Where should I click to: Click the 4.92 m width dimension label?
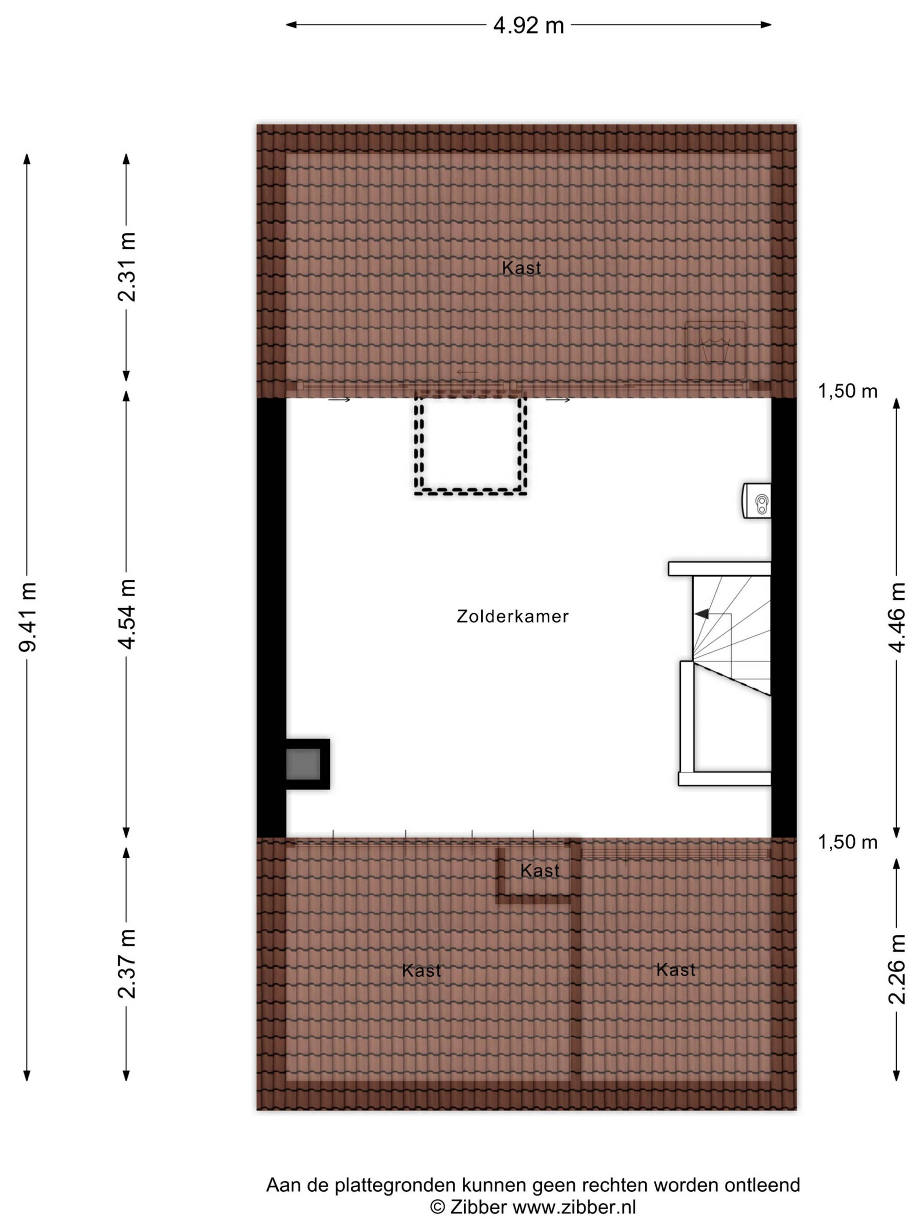[528, 25]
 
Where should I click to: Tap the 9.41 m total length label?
[28, 617]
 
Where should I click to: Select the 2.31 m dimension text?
[127, 267]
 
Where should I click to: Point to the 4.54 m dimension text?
[127, 614]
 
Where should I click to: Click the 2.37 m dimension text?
[127, 963]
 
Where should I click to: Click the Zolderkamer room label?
[512, 616]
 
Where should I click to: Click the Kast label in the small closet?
[539, 870]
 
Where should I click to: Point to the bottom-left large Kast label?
[421, 970]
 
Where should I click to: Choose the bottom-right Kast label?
[676, 970]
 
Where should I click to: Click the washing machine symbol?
[714, 351]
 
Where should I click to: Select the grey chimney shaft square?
[303, 764]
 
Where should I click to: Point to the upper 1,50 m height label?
[847, 392]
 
